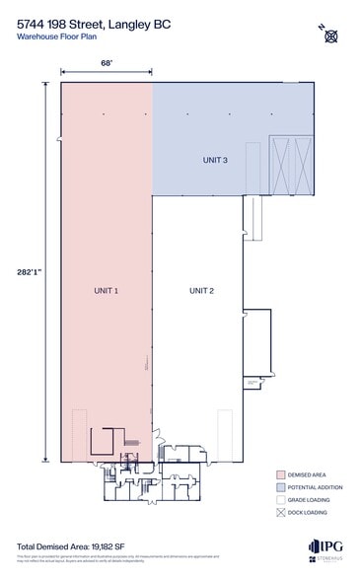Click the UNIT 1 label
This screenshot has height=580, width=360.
(x=107, y=291)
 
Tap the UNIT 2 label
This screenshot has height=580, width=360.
(x=201, y=291)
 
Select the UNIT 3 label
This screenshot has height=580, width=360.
(x=215, y=160)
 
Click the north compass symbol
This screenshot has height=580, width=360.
(x=331, y=36)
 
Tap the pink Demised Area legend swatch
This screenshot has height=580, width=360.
(x=281, y=473)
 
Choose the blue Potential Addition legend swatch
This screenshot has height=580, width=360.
(x=281, y=486)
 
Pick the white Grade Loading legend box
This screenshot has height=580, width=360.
(x=281, y=499)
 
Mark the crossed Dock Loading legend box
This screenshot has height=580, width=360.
(x=281, y=512)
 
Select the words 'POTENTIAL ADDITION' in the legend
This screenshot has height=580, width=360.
(x=318, y=486)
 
